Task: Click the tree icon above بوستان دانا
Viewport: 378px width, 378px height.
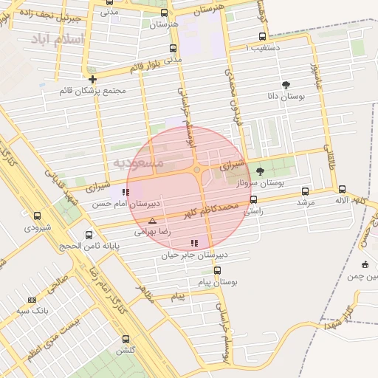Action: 286,86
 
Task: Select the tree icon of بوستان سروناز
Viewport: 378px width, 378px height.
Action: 260,171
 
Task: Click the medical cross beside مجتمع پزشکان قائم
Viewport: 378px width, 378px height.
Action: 92,79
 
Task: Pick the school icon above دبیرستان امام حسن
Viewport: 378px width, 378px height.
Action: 126,192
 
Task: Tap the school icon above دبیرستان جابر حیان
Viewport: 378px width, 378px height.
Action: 194,243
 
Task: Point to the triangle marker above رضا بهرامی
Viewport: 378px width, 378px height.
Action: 153,221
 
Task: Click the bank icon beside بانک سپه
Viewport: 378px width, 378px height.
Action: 32,300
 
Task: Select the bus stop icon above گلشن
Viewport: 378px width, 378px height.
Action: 125,339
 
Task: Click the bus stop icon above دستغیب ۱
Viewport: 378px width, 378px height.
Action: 262,36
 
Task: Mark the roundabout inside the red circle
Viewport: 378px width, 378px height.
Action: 197,171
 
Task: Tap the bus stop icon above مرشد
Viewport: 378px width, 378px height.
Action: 305,191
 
